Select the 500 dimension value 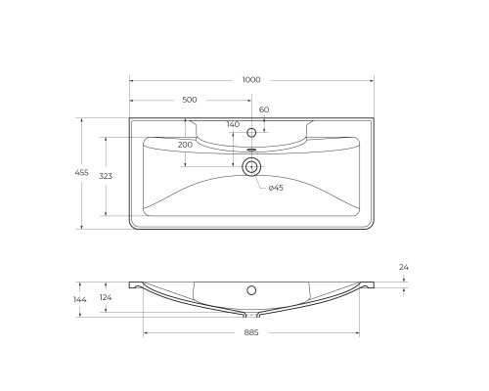coord(190,100)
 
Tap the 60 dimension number coord(263,110)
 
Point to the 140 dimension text coord(232,124)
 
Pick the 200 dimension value coord(185,144)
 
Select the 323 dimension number coord(108,176)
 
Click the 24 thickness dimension coord(403,267)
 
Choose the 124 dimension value coord(105,298)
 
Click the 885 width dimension coord(251,333)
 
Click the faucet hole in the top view coord(251,132)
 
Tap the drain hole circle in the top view coord(251,166)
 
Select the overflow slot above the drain coord(251,151)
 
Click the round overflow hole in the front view coord(251,290)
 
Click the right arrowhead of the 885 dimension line coord(358,333)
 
